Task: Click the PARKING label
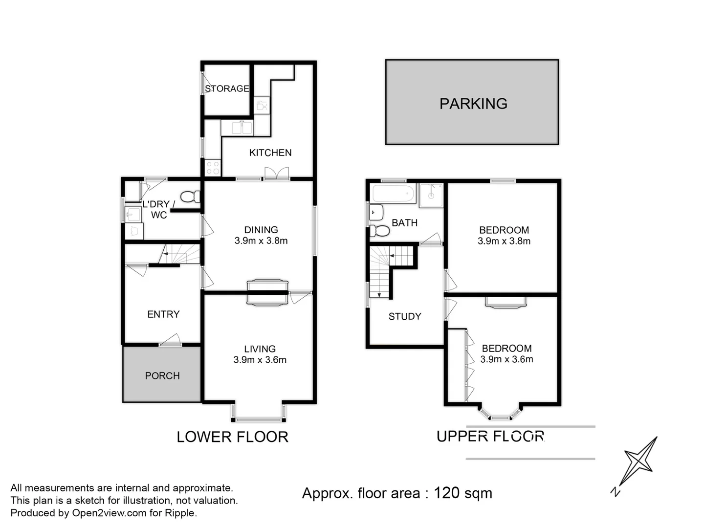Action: coord(473,104)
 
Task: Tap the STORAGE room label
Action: coord(227,88)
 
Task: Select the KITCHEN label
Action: coord(270,153)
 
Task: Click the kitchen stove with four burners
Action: coord(213,168)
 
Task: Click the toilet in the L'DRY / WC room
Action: coord(190,197)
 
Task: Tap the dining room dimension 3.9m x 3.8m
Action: coord(261,241)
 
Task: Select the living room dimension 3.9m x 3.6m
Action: coord(260,360)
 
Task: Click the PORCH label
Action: coord(162,375)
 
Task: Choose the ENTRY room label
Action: coord(163,314)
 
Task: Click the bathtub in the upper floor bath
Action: coord(394,194)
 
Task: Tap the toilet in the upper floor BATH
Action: coord(379,230)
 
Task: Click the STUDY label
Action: coord(404,316)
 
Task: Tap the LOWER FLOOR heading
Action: coord(232,437)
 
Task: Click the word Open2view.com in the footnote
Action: coord(109,513)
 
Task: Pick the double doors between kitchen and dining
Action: coord(276,174)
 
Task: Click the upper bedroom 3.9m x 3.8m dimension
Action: coord(504,241)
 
